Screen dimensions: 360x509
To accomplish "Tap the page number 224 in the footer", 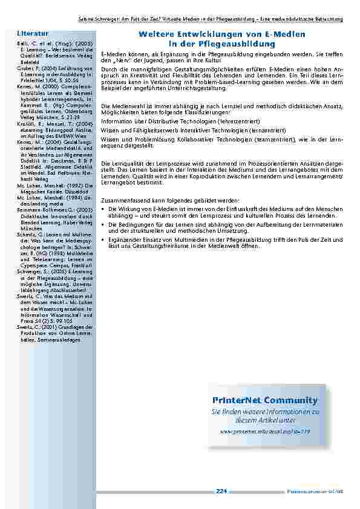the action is tap(221, 491).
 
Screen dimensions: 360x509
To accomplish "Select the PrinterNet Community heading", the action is tap(265, 400).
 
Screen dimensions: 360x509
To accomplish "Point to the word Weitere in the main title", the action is tap(156, 35).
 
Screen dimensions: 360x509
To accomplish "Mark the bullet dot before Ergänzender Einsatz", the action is tap(103, 241).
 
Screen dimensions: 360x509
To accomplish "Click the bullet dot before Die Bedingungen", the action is tap(103, 225).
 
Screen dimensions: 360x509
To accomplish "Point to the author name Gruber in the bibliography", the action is tap(25, 68).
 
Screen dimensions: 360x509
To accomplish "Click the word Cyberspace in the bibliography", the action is tap(34, 264).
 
